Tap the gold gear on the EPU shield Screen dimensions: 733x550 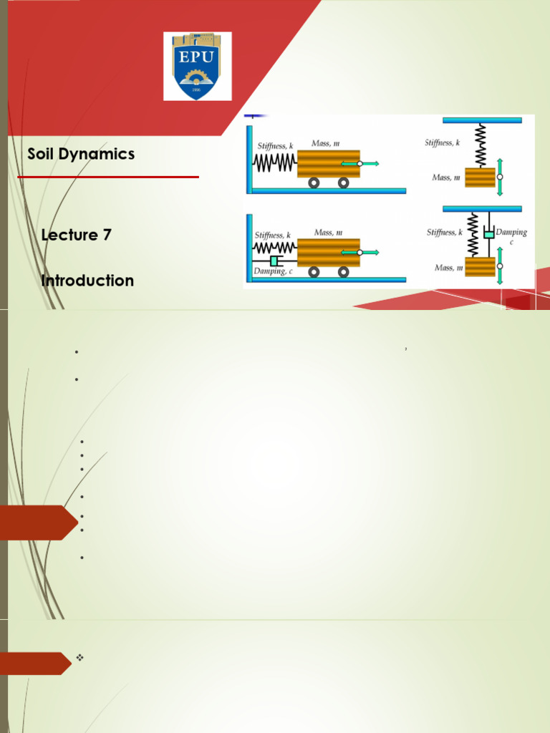click(x=197, y=77)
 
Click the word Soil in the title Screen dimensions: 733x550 click(x=41, y=154)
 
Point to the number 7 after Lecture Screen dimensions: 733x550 click(x=107, y=235)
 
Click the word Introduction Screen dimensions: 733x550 click(x=87, y=281)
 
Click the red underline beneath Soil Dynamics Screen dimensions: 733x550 click(x=107, y=176)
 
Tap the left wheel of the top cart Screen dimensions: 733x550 click(x=314, y=183)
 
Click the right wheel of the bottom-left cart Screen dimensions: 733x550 click(x=344, y=272)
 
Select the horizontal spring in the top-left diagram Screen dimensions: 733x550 click(x=274, y=163)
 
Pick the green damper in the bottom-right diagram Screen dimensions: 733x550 click(x=488, y=234)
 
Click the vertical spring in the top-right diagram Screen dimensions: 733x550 click(x=481, y=145)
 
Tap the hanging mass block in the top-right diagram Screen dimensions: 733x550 click(x=480, y=178)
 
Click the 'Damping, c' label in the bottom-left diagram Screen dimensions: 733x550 click(x=273, y=271)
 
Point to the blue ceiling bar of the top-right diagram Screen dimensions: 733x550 click(x=482, y=120)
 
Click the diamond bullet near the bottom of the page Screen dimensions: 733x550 click(x=79, y=656)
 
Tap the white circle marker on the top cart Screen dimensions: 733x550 click(x=359, y=164)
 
